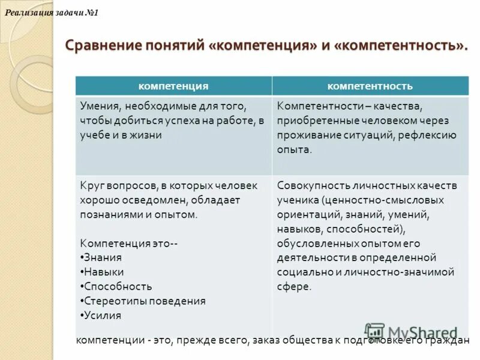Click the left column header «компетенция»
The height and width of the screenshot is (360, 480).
pyautogui.click(x=173, y=86)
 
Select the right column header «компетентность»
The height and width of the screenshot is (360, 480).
pyautogui.click(x=370, y=86)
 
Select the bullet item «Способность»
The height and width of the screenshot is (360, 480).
pyautogui.click(x=118, y=286)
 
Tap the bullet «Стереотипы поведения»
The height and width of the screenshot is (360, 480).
pyautogui.click(x=145, y=301)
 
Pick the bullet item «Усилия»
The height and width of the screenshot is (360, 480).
pyautogui.click(x=102, y=315)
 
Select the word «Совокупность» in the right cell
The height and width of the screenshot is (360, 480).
pyautogui.click(x=310, y=185)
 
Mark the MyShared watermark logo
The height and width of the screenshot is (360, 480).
pyautogui.click(x=411, y=332)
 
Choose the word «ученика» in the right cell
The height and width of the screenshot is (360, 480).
pyautogui.click(x=297, y=200)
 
